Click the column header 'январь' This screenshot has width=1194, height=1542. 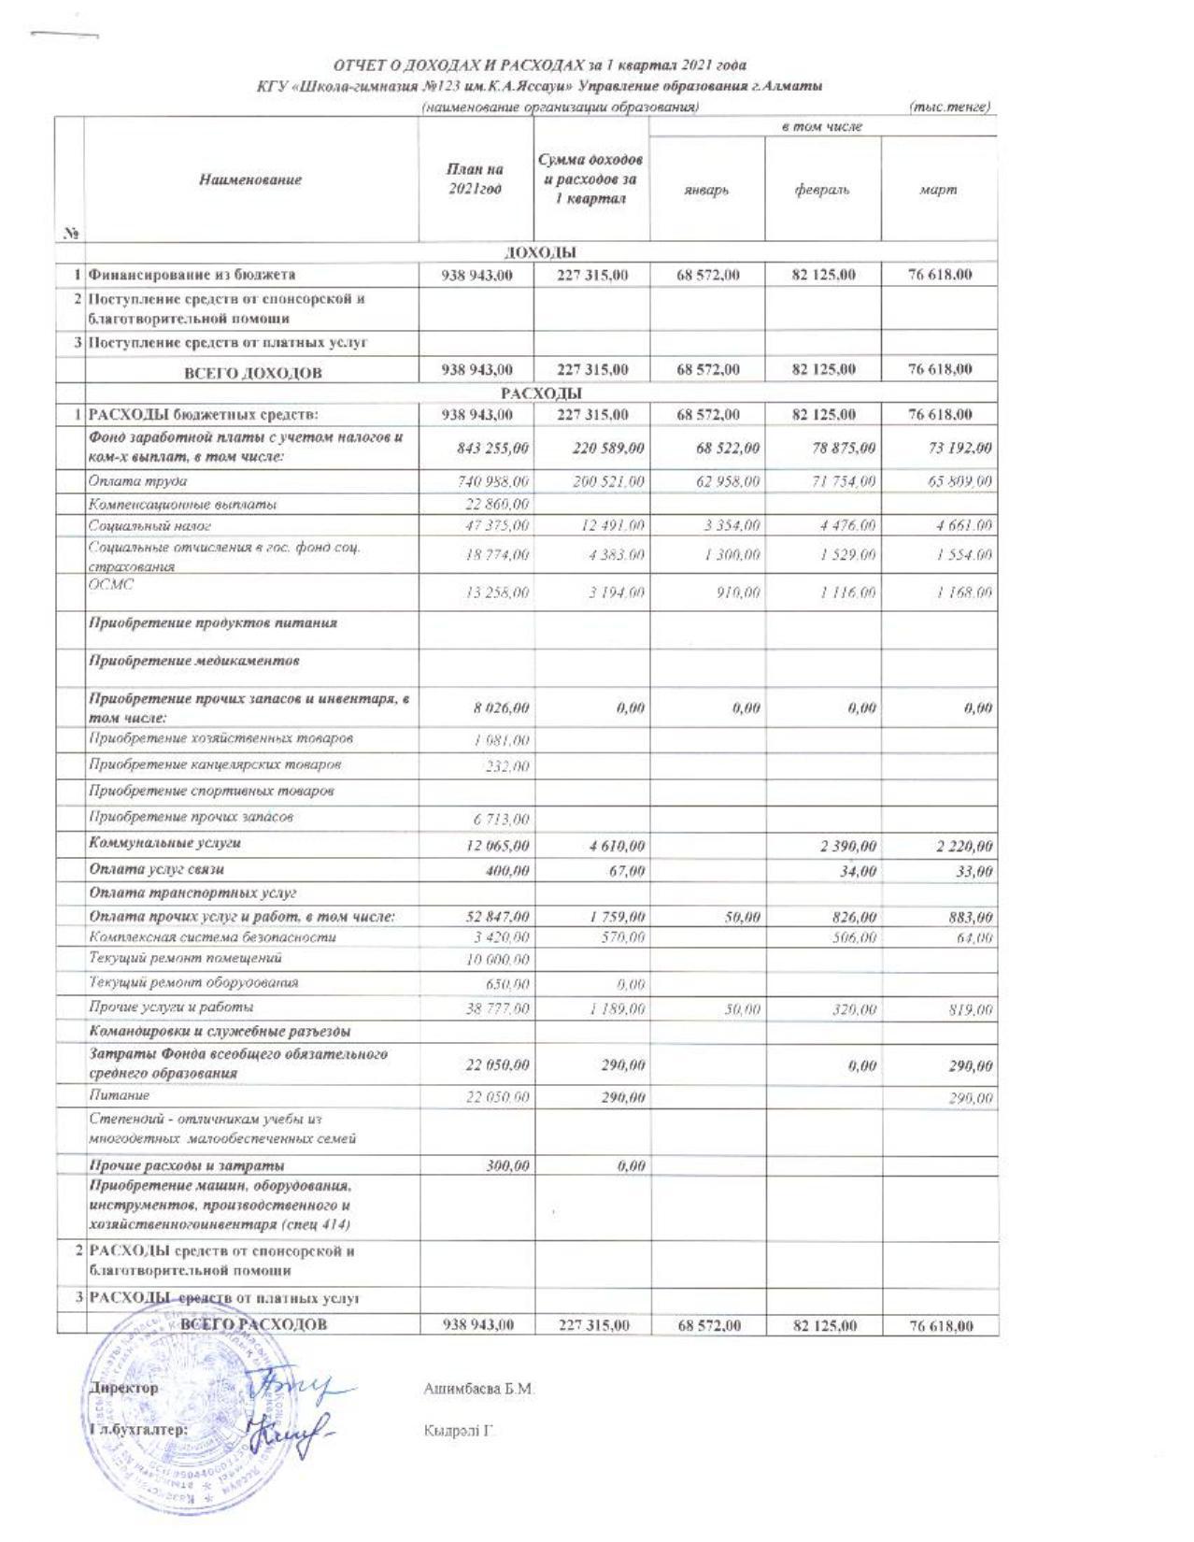point(706,191)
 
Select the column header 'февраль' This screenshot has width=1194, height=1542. point(822,191)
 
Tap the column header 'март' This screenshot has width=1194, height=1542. point(939,191)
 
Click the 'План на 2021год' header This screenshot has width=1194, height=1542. point(476,178)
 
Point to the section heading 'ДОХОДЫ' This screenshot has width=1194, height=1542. point(540,252)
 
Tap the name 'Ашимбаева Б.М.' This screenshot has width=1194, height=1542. point(478,1390)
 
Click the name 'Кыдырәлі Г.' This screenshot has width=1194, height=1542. point(458,1431)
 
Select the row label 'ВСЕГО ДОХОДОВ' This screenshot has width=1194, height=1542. point(252,372)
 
